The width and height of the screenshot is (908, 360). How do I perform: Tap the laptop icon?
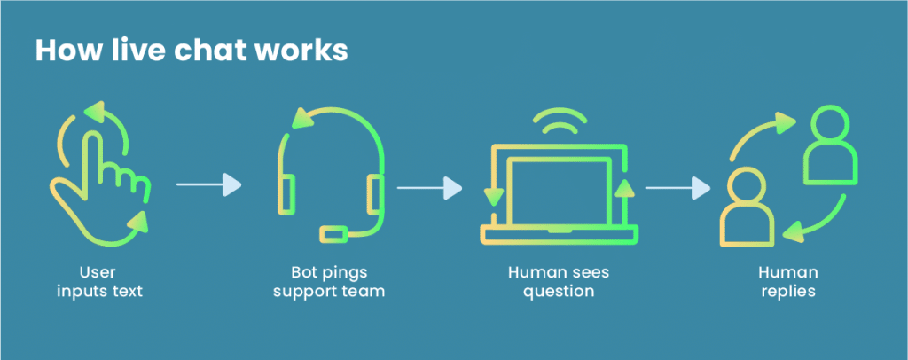pos(559,191)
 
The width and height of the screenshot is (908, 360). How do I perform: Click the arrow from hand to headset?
pos(208,184)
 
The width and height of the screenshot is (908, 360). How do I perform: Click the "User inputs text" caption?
pos(98,281)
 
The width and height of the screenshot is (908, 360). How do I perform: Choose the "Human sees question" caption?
pos(559,281)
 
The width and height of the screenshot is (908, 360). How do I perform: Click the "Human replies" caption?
pos(789,281)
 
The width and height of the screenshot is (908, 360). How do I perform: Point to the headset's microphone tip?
pos(333,233)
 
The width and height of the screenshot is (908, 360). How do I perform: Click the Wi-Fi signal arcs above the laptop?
pos(559,124)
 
